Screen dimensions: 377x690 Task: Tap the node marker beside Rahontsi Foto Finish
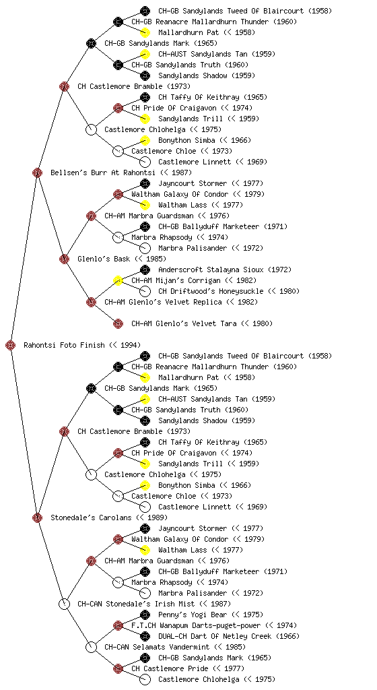(11, 345)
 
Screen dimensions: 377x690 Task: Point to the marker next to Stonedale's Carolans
(37, 517)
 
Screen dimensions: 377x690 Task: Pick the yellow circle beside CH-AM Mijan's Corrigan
(118, 280)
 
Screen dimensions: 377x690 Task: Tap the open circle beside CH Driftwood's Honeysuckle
(145, 291)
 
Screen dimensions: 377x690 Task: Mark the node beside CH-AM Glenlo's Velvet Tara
(118, 323)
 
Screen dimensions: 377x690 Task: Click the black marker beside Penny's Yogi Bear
(145, 615)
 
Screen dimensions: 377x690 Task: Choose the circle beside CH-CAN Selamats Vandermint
(91, 647)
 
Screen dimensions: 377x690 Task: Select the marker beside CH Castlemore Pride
(118, 668)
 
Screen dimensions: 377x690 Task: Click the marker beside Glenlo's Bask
(64, 259)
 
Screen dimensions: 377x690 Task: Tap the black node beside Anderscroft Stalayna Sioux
(145, 270)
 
